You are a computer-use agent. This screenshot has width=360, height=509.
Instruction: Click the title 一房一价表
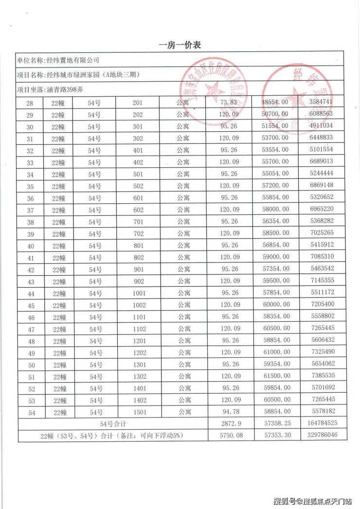pos(180,45)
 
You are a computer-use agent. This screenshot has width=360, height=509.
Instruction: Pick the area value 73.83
pos(229,102)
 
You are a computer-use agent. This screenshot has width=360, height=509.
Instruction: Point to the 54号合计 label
pos(112,424)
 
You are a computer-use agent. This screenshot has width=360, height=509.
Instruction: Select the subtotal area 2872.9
pos(229,424)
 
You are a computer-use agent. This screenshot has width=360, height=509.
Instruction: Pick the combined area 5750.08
pos(229,435)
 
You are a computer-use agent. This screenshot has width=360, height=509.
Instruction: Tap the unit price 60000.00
pos(275,304)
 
